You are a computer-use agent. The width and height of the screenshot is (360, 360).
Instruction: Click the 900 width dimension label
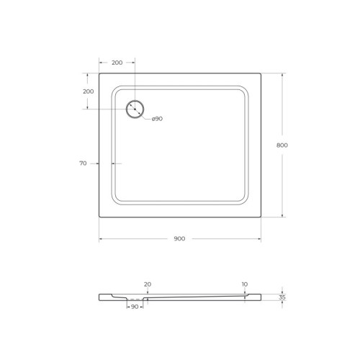[179, 238]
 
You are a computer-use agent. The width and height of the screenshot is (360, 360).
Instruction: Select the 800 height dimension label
[282, 145]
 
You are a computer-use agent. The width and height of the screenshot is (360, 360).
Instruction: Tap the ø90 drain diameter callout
[157, 118]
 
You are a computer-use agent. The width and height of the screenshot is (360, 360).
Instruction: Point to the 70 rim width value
[83, 163]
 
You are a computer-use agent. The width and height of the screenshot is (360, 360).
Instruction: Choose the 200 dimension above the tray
[116, 63]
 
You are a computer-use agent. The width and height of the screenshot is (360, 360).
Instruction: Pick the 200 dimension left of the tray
[88, 91]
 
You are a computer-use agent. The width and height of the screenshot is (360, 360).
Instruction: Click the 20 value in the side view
[148, 284]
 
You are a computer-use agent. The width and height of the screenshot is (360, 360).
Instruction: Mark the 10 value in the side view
[245, 284]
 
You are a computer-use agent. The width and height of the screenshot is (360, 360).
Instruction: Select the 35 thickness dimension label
[282, 297]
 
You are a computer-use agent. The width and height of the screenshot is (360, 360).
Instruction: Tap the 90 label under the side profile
[135, 307]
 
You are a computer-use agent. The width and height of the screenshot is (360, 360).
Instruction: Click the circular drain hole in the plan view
[135, 109]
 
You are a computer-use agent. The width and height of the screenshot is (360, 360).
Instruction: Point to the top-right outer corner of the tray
[260, 73]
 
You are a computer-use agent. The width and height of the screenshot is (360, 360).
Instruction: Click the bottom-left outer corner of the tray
[99, 217]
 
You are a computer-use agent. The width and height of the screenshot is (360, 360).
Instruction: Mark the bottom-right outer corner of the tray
[260, 217]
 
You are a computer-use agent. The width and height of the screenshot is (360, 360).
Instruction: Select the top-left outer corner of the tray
[99, 73]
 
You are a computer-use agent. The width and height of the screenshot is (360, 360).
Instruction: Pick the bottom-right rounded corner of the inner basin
[245, 201]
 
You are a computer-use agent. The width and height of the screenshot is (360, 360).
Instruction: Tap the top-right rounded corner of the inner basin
[245, 89]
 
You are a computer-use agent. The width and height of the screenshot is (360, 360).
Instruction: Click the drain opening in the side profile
[135, 298]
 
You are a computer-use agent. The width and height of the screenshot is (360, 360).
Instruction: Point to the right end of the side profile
[260, 296]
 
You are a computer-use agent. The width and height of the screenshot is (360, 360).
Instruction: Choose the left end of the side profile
[100, 297]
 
